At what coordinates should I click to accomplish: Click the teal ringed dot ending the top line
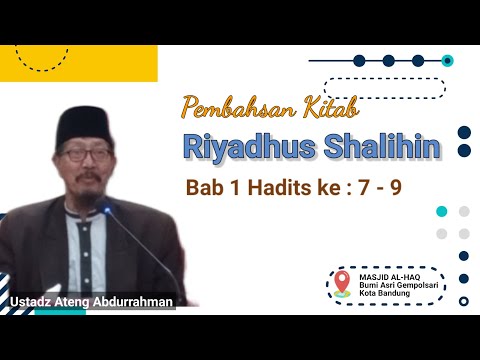(447, 60)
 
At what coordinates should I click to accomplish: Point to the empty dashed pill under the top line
(398, 88)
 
